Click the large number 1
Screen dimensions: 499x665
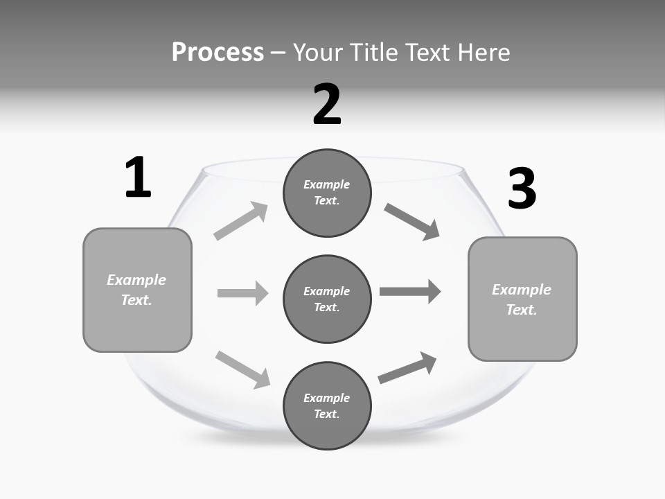(x=138, y=177)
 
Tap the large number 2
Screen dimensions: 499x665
(x=327, y=105)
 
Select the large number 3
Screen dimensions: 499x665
(x=522, y=189)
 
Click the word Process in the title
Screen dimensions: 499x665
(x=218, y=52)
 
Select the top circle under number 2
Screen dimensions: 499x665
(x=327, y=193)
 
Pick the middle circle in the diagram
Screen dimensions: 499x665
(x=327, y=299)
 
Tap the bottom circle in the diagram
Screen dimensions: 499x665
(x=327, y=405)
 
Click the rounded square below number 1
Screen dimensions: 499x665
(x=137, y=290)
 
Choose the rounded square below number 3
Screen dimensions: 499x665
(x=522, y=299)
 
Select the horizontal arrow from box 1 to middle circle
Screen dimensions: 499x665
(x=242, y=293)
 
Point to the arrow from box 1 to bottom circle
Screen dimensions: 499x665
(x=242, y=369)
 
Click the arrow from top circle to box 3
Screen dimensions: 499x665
(x=411, y=221)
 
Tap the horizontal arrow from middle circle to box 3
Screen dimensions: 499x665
(x=409, y=292)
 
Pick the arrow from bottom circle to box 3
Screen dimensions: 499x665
(x=407, y=368)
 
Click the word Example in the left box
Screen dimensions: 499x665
(x=136, y=280)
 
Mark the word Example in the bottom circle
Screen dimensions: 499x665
(x=326, y=398)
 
